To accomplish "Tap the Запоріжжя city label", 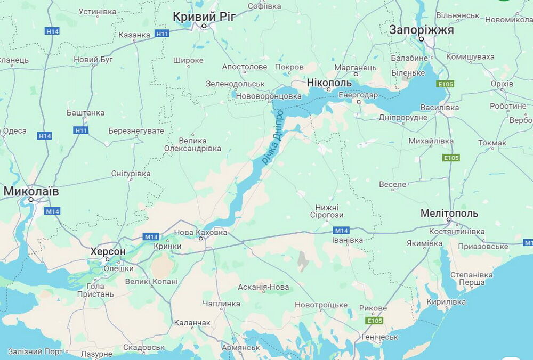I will tap(421, 30).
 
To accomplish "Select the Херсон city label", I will tap(108, 251).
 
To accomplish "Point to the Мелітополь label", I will tap(449, 214).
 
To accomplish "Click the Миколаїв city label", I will tap(31, 191).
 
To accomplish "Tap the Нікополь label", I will tap(329, 83).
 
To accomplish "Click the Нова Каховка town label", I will tap(200, 232).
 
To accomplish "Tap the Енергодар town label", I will tap(359, 95).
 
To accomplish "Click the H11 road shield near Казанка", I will tap(162, 34).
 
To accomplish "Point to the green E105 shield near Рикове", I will tap(374, 321).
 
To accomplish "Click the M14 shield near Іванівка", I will tap(341, 231).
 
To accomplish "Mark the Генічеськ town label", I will tap(379, 337).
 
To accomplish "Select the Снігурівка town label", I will tap(131, 174).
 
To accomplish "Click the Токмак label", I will tap(492, 143).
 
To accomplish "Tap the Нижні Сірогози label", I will tap(327, 211).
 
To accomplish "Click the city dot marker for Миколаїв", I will tap(31, 200).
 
